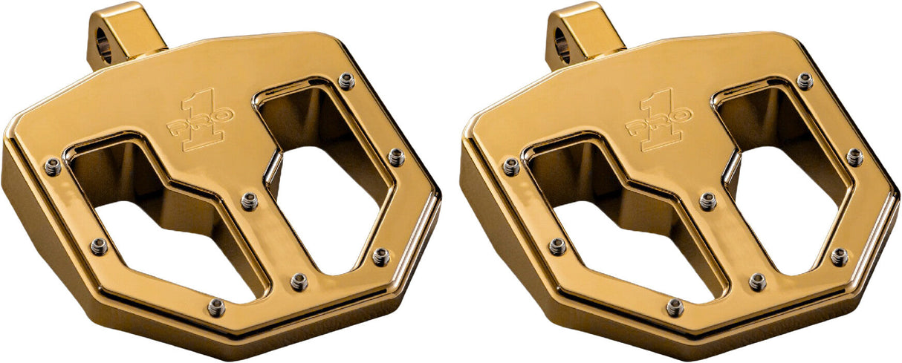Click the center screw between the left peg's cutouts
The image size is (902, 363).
tap(250, 200)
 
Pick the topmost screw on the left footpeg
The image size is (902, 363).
tap(346, 80)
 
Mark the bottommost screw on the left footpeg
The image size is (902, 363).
tap(215, 307)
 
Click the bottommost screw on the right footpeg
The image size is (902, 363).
tap(674, 307)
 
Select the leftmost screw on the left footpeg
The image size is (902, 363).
tap(52, 167)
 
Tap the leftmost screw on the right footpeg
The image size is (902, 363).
tap(510, 167)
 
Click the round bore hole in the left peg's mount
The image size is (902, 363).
tap(103, 49)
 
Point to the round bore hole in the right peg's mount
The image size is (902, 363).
tap(562, 49)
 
